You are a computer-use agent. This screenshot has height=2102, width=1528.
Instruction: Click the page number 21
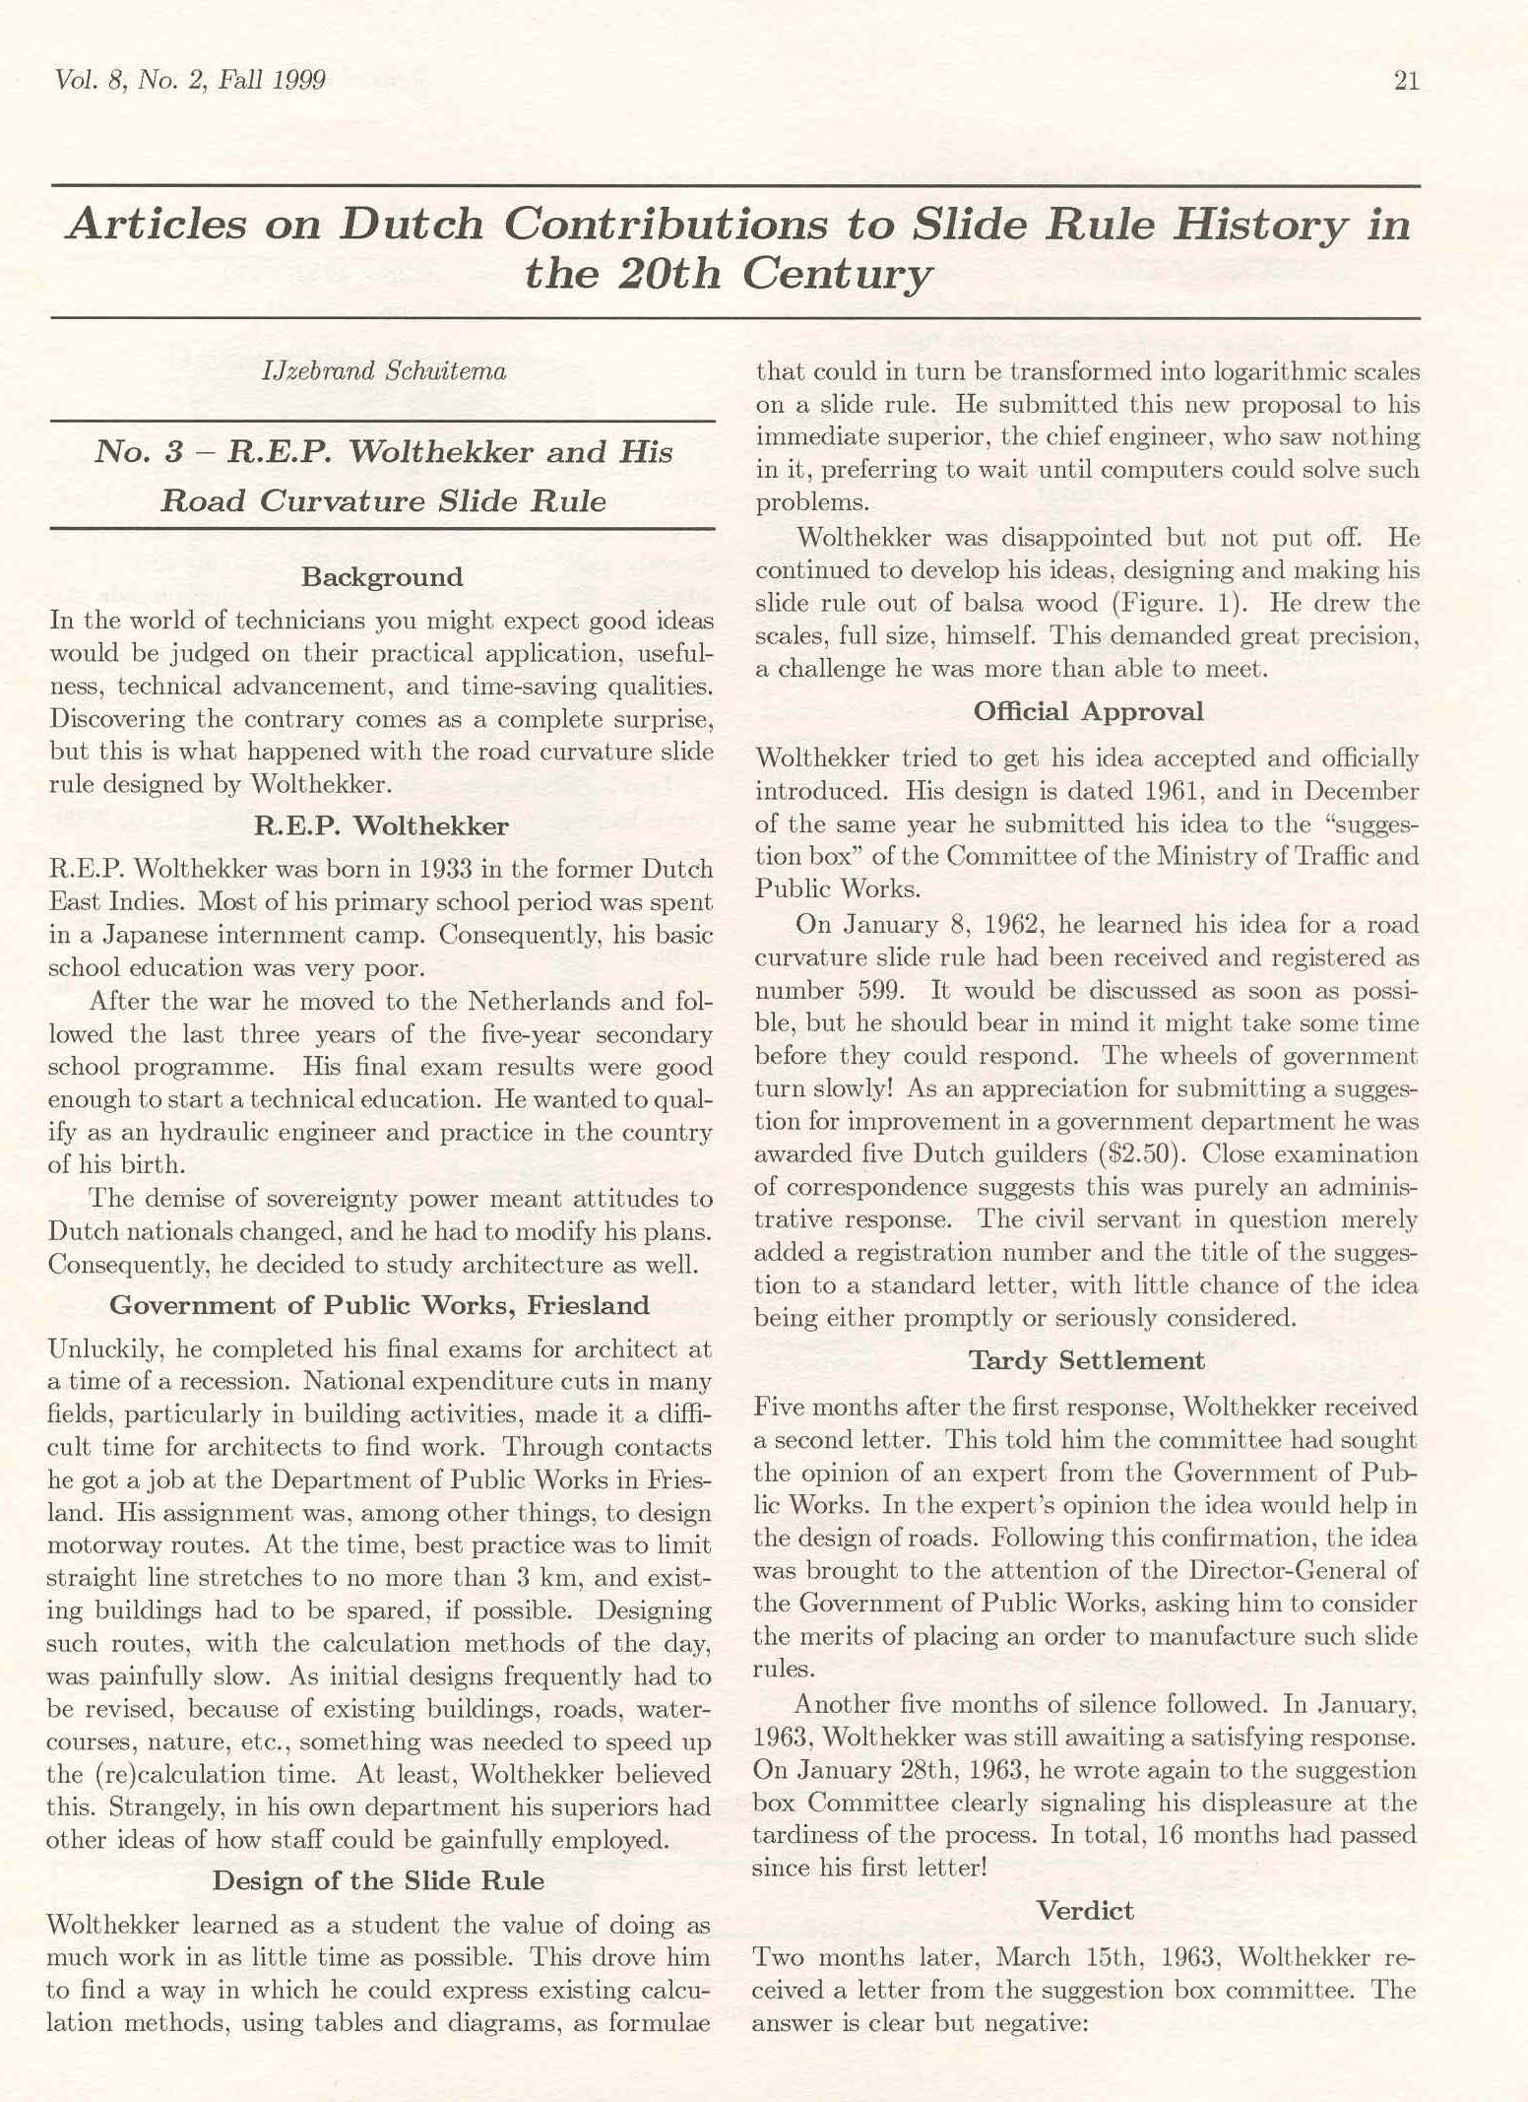1406,81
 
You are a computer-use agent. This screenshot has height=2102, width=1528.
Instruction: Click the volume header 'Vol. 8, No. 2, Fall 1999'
191,81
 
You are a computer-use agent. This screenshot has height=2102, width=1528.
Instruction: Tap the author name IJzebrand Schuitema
384,371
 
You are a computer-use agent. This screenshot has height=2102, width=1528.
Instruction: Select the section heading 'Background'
382,577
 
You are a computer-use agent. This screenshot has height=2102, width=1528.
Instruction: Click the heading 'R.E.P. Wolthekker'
382,825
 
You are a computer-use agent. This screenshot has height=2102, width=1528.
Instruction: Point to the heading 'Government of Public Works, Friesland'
380,1306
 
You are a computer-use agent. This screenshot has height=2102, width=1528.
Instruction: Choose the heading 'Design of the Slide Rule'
378,1881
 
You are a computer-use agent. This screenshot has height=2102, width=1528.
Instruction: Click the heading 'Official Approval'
1088,712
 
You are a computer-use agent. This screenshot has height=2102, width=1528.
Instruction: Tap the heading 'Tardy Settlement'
1086,1361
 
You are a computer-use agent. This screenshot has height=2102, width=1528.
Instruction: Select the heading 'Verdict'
1086,1911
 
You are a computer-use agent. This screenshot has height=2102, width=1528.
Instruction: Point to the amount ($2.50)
1134,1153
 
